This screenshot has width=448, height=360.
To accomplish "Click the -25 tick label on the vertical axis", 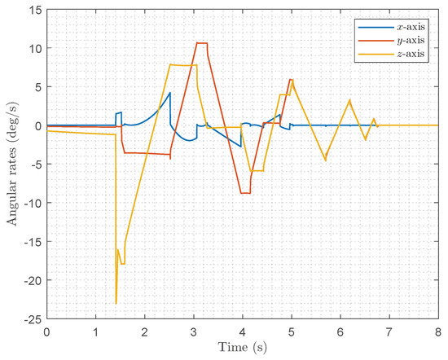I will [x=31, y=318].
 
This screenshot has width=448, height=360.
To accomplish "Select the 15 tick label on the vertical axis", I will [x=33, y=10].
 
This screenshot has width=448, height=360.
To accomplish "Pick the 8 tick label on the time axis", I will [x=437, y=332].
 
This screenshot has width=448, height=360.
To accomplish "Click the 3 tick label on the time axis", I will [x=193, y=332].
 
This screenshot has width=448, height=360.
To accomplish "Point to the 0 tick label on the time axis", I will [x=46, y=332].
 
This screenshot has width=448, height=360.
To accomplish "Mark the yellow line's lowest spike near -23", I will [x=116, y=303].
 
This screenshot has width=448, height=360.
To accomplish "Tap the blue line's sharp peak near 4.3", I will [x=170, y=92].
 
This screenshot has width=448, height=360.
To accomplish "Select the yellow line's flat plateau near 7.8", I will [x=182, y=65].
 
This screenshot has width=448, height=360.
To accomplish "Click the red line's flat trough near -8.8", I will [x=245, y=193].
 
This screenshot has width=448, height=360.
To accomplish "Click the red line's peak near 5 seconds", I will [x=290, y=80].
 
